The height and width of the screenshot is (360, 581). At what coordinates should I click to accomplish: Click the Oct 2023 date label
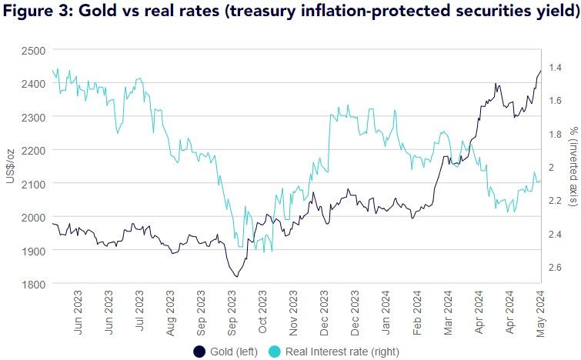263,311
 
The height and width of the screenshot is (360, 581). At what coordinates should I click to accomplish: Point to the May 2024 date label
540,311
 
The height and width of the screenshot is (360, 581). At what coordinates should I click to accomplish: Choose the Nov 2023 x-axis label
294,311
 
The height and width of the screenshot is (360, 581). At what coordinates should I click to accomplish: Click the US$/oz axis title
11,166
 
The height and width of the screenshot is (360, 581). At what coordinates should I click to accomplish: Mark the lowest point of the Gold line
235,275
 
